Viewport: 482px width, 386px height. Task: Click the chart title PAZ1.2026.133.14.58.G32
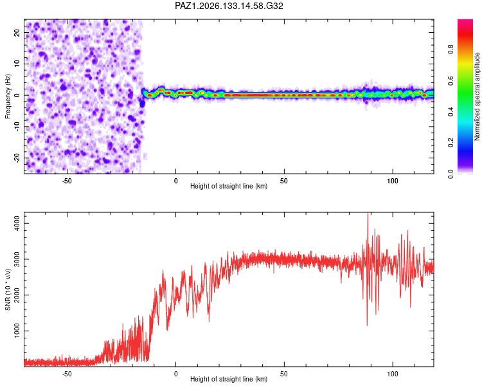click(x=229, y=6)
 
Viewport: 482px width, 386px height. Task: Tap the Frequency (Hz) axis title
click(x=8, y=96)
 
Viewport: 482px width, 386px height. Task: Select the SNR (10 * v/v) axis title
click(x=8, y=289)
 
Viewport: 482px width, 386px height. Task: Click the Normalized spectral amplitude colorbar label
click(x=477, y=96)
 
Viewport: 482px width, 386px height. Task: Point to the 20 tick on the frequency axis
click(x=17, y=32)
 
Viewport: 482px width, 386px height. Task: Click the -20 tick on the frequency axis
click(x=17, y=158)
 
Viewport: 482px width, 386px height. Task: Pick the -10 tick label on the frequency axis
click(x=17, y=127)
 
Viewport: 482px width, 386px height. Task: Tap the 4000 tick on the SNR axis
click(x=17, y=223)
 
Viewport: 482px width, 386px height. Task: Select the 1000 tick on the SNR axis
click(x=17, y=331)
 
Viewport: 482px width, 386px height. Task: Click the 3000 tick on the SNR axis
click(x=17, y=259)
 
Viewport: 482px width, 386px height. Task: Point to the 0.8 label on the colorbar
click(x=451, y=50)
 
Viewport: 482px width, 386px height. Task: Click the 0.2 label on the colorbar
click(x=451, y=143)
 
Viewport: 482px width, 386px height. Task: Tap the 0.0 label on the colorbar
click(x=451, y=174)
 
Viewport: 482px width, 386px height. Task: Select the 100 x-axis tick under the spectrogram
click(x=393, y=181)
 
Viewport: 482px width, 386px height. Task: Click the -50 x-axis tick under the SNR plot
click(x=67, y=374)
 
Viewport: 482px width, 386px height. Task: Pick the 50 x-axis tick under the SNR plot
click(x=283, y=374)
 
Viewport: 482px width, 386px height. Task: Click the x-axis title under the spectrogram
click(x=229, y=186)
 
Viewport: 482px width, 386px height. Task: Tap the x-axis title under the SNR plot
click(x=229, y=379)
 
